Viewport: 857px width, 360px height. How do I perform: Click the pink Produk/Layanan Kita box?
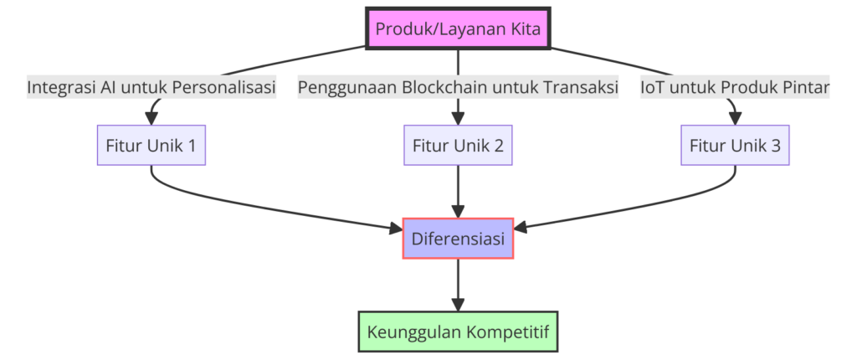click(458, 29)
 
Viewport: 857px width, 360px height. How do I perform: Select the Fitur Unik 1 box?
click(151, 145)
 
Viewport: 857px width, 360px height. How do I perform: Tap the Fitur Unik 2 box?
click(458, 145)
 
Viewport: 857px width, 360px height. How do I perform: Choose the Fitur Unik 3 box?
click(735, 145)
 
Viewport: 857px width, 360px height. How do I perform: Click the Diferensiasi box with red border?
click(458, 239)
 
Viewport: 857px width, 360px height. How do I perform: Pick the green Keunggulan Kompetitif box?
click(458, 332)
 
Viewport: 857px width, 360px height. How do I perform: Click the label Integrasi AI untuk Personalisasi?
click(151, 87)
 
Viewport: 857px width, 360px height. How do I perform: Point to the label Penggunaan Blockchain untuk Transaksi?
click(458, 87)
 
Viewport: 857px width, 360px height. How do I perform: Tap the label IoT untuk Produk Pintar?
click(735, 87)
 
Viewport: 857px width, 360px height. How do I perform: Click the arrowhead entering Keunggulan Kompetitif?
click(458, 304)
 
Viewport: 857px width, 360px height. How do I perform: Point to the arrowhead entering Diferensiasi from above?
click(458, 211)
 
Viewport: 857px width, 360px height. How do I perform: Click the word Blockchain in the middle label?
click(444, 87)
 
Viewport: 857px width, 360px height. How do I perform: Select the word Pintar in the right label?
click(805, 87)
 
